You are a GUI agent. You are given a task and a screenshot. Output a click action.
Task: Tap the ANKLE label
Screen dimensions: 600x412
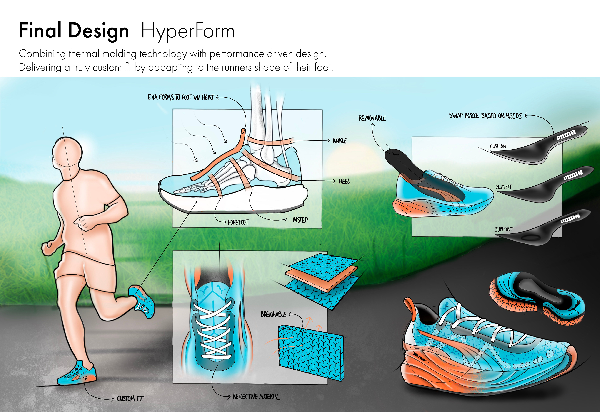(x=340, y=141)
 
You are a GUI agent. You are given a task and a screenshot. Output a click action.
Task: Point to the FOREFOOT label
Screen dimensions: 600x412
(x=238, y=222)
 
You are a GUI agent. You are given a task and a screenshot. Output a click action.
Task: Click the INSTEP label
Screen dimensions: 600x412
(x=300, y=220)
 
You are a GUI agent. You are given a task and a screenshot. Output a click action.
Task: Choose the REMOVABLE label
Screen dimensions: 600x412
(x=372, y=118)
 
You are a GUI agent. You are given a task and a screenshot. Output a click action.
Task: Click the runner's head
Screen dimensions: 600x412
(x=67, y=152)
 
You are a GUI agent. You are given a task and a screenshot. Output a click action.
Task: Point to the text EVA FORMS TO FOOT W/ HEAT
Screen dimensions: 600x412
(x=181, y=97)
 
